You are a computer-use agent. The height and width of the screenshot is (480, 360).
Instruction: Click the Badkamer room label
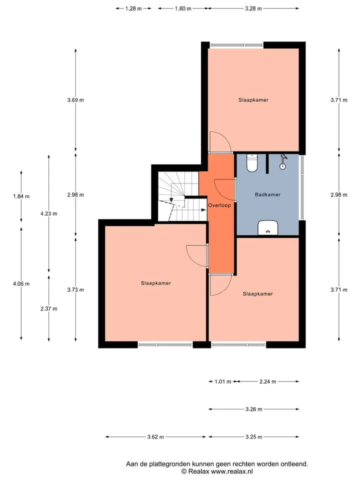[267, 194]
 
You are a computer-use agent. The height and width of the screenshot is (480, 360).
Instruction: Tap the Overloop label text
[219, 205]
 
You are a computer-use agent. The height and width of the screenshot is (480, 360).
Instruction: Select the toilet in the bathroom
[252, 163]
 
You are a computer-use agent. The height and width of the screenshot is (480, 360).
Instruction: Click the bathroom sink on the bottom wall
[268, 228]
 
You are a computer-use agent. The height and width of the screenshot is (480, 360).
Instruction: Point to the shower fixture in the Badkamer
[283, 162]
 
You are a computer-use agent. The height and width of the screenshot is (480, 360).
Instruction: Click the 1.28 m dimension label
[133, 8]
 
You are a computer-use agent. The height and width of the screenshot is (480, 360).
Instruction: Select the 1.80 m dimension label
[183, 8]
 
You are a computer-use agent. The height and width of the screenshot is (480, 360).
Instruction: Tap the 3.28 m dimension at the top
[253, 8]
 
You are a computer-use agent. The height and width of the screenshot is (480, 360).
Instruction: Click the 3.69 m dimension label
[75, 100]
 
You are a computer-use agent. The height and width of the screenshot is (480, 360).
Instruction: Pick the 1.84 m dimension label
[21, 196]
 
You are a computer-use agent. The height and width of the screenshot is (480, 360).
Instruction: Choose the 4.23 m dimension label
[48, 213]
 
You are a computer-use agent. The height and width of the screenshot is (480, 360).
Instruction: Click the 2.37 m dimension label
[48, 308]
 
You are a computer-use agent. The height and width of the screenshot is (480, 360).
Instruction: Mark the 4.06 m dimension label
[21, 284]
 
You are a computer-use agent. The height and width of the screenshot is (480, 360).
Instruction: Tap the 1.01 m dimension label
[223, 381]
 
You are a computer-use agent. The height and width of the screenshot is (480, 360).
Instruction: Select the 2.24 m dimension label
[268, 381]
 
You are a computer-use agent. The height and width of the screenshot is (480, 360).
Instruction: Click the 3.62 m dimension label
[155, 437]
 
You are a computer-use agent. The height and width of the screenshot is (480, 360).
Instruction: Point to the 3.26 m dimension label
[254, 409]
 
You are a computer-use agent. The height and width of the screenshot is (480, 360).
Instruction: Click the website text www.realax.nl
[231, 471]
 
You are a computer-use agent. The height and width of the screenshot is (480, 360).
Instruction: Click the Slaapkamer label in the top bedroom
[253, 100]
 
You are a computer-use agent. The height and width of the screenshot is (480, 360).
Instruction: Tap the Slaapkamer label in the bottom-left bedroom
[156, 283]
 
